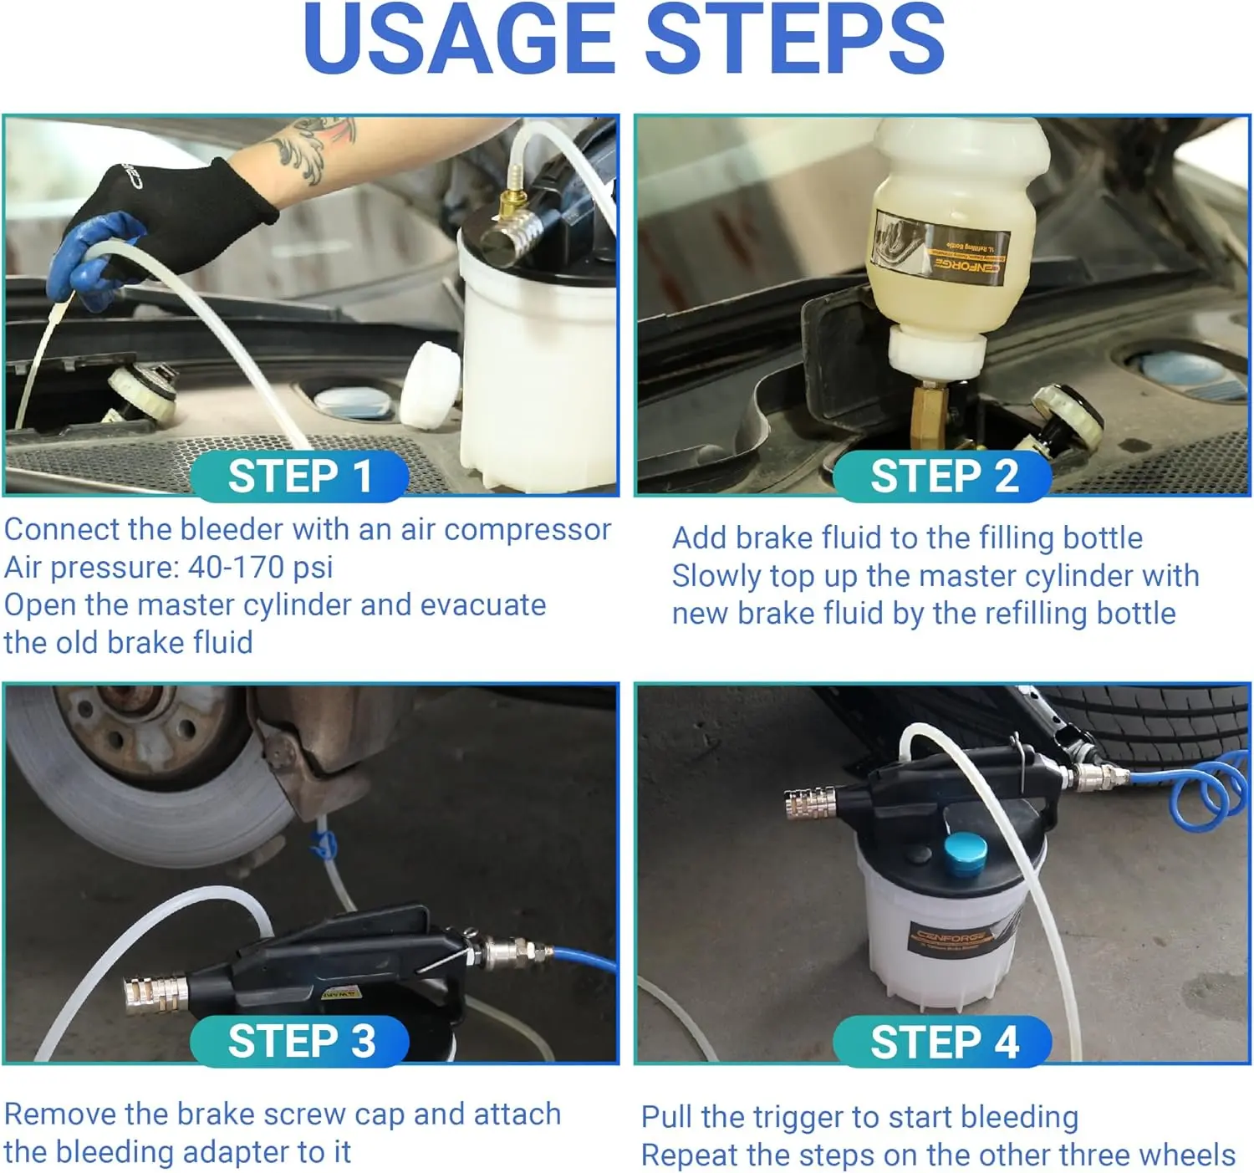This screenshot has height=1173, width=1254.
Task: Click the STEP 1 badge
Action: click(x=299, y=476)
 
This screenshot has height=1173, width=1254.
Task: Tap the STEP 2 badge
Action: click(x=942, y=476)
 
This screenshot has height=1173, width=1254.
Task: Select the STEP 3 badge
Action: click(x=299, y=1042)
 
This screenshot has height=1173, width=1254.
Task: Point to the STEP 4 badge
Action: click(x=942, y=1042)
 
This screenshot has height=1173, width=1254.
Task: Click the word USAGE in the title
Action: click(x=460, y=39)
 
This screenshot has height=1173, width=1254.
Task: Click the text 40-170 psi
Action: click(x=260, y=567)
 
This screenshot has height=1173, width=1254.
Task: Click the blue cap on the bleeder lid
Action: click(x=966, y=854)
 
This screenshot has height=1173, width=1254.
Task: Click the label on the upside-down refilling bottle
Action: click(x=940, y=248)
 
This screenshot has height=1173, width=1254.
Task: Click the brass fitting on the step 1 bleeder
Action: click(x=512, y=203)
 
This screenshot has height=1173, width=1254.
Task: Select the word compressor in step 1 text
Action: click(x=528, y=530)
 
